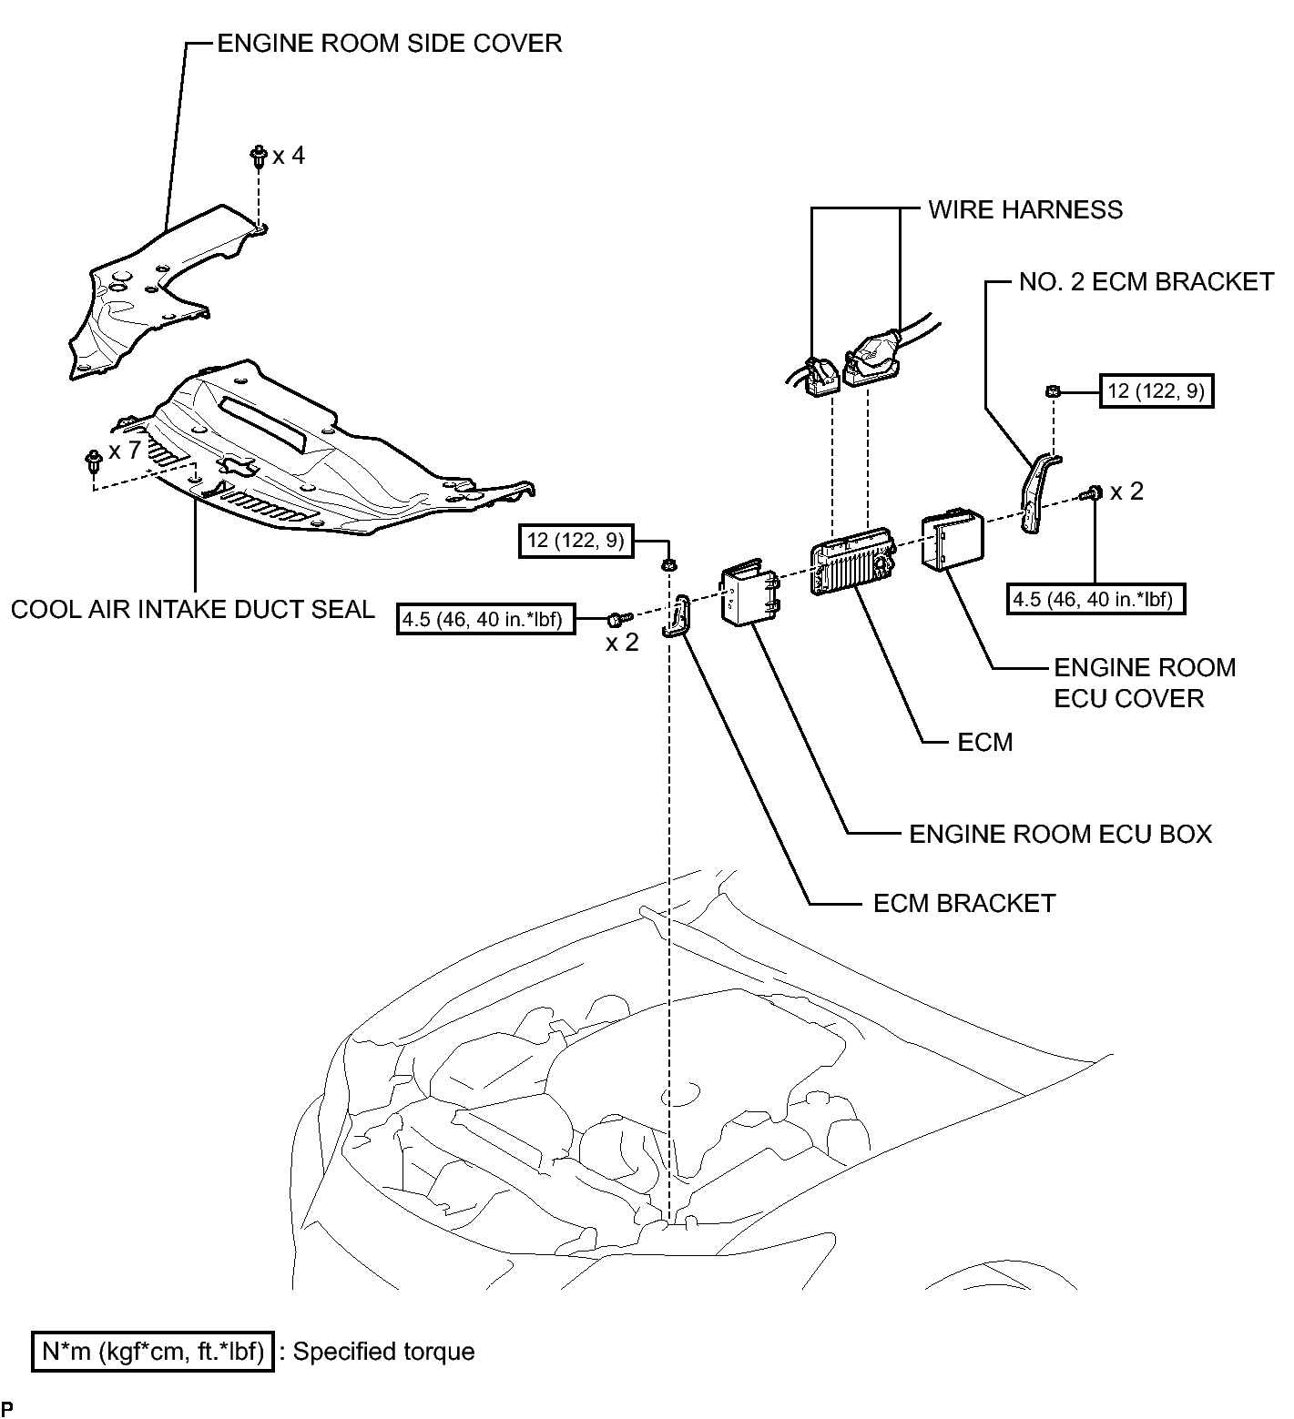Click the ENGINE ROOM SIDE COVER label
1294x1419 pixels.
point(390,43)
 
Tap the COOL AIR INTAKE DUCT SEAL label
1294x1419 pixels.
point(193,609)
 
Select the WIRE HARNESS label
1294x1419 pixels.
point(1025,209)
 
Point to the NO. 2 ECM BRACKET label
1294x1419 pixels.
point(1146,281)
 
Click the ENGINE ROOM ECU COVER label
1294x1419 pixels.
point(1145,683)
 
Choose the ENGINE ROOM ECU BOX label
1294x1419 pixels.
point(1061,834)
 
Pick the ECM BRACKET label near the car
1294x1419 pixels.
point(964,903)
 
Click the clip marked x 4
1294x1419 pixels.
point(258,156)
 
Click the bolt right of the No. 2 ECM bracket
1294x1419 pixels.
point(1091,493)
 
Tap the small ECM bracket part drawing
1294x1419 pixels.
point(678,616)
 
